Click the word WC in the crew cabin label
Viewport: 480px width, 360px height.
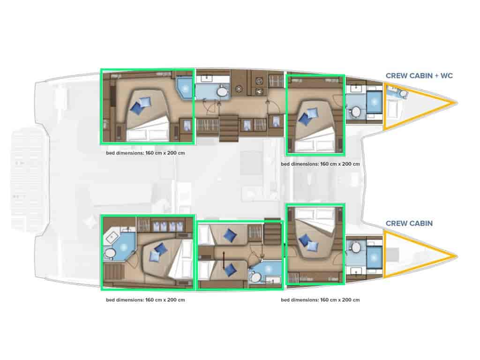click(x=446, y=75)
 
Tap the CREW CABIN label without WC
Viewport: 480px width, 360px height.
click(x=409, y=223)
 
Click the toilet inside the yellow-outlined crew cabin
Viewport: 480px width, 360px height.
click(x=403, y=93)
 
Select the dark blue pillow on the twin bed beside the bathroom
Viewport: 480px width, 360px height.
click(x=230, y=270)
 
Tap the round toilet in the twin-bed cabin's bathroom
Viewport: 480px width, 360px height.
click(x=255, y=277)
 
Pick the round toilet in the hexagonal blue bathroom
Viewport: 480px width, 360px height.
click(x=109, y=253)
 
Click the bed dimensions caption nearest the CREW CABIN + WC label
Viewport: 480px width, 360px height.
click(x=320, y=164)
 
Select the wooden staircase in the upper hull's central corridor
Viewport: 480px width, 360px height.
click(x=229, y=128)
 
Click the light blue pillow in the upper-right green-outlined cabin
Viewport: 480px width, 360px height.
click(x=312, y=114)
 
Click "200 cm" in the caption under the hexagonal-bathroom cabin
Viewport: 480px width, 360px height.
click(x=176, y=300)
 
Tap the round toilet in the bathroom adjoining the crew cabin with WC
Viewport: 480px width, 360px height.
click(x=356, y=112)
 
